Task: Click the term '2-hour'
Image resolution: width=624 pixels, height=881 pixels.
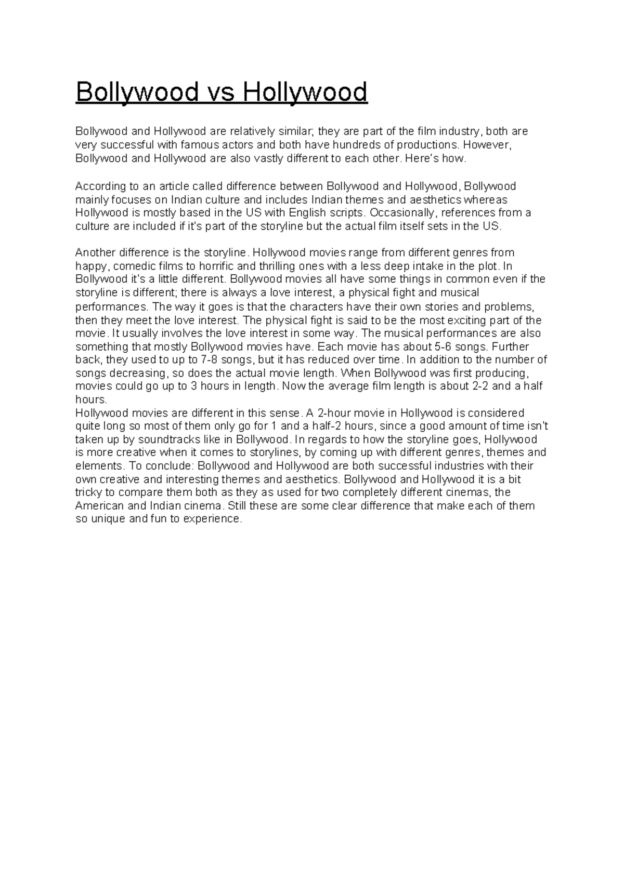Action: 333,413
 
